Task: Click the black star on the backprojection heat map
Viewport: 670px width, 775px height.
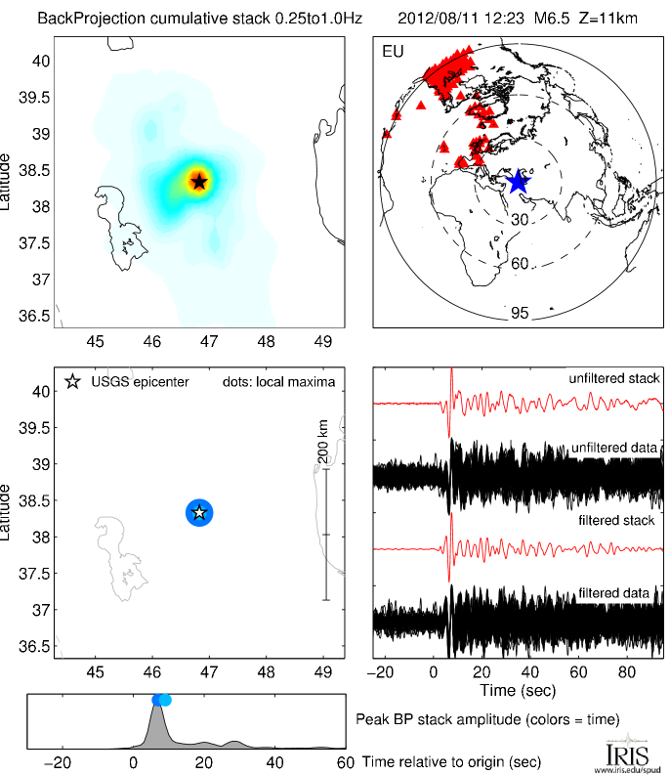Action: pyautogui.click(x=199, y=181)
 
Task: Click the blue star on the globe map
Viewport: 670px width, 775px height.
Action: pyautogui.click(x=517, y=182)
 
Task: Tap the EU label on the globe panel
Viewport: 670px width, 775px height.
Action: pyautogui.click(x=391, y=50)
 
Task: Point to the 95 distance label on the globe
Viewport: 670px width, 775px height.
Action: pyautogui.click(x=519, y=314)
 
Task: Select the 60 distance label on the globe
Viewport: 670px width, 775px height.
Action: pyautogui.click(x=520, y=264)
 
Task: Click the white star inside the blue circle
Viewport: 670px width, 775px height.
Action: pyautogui.click(x=199, y=512)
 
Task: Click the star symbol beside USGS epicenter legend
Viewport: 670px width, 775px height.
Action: pyautogui.click(x=72, y=381)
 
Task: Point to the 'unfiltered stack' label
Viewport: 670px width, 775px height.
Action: pyautogui.click(x=614, y=378)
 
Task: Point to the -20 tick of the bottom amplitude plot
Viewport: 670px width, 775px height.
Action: pyautogui.click(x=61, y=762)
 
